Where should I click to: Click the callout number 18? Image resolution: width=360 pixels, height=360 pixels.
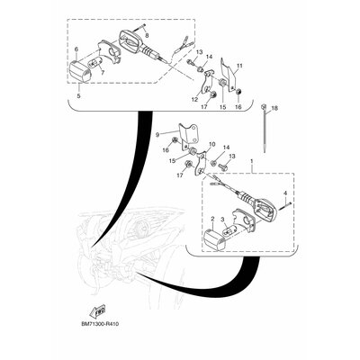(x=274, y=108)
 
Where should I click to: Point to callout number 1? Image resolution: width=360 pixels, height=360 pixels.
(x=252, y=161)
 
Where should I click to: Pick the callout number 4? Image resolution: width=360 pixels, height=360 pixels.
(x=285, y=193)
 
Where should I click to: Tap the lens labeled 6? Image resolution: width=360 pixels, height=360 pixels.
(x=80, y=71)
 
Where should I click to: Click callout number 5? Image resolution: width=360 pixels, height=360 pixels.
(x=78, y=96)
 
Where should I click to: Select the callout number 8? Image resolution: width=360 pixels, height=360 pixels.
(x=147, y=36)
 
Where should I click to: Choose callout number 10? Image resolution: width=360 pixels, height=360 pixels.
(x=211, y=145)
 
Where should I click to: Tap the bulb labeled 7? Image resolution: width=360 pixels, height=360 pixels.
(x=96, y=63)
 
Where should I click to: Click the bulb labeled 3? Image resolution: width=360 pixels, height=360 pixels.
(x=232, y=233)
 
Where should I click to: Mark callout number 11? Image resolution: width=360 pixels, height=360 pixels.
(x=239, y=66)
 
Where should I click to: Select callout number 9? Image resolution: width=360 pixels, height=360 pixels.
(x=157, y=135)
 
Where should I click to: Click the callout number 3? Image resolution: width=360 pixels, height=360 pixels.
(x=222, y=220)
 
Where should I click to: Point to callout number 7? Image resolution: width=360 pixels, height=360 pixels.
(x=103, y=73)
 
